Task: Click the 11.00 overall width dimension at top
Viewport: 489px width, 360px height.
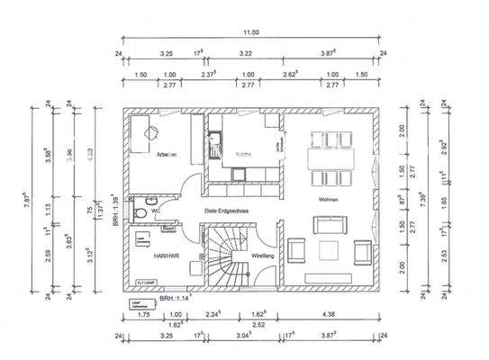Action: (250, 33)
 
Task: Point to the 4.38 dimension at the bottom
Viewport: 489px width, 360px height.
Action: (330, 315)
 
